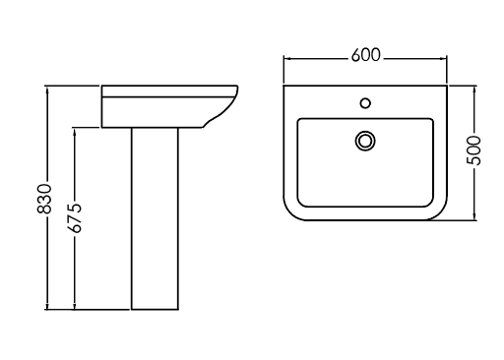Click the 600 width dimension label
365,55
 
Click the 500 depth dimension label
473,150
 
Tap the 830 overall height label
44,199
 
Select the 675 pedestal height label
74,218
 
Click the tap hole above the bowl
365,103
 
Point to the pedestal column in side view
155,218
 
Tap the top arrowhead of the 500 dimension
474,90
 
